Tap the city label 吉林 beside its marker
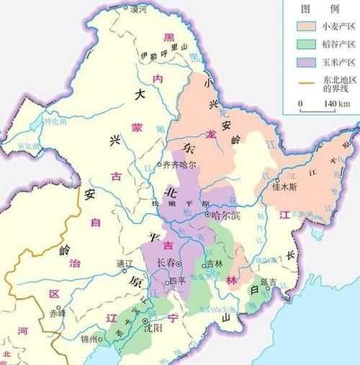(x=214, y=264)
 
